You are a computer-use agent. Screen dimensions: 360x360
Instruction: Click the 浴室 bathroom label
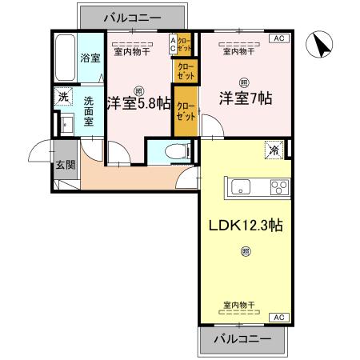[x=89, y=58]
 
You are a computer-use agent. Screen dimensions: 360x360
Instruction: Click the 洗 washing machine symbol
[x=62, y=96]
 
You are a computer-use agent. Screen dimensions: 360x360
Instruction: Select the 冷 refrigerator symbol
[x=274, y=149]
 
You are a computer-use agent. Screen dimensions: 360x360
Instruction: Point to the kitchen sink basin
[x=242, y=189]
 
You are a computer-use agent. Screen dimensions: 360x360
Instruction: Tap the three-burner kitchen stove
[x=278, y=189]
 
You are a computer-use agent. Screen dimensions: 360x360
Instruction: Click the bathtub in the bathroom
[x=64, y=57]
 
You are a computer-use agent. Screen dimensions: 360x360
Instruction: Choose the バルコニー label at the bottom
[x=242, y=340]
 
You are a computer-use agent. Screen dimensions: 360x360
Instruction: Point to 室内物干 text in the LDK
[x=238, y=306]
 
